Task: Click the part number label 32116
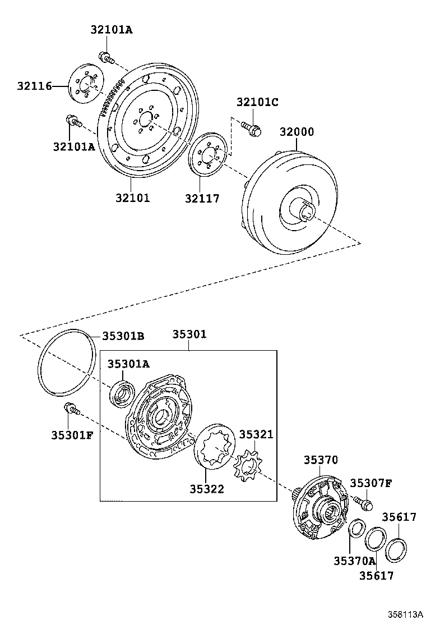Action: (34, 86)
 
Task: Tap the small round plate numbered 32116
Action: (85, 85)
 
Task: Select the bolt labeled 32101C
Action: (251, 130)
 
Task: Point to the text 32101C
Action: (257, 102)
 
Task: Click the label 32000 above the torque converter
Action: (297, 132)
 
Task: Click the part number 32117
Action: (202, 198)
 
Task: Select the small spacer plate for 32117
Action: (207, 155)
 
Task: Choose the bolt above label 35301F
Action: (71, 409)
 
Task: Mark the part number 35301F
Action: (72, 435)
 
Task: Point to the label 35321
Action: (256, 434)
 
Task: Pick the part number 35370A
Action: (354, 561)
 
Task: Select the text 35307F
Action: (371, 483)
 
